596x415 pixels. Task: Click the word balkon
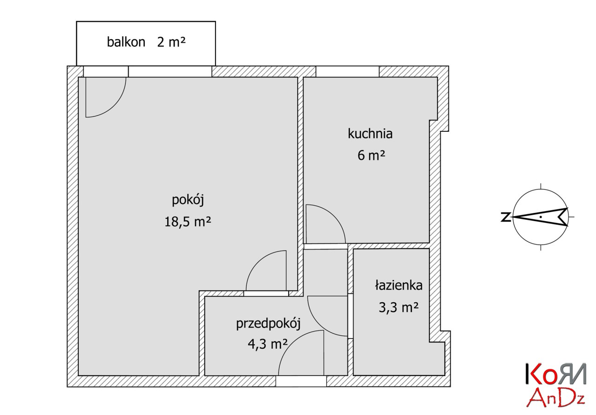126,42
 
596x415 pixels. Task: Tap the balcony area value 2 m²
171,42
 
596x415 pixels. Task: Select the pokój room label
188,200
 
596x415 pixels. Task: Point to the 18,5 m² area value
188,222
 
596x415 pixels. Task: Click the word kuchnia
370,133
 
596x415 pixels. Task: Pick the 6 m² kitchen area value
371,155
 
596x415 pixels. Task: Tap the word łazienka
399,285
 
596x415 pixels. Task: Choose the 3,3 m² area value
399,307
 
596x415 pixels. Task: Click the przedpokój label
268,324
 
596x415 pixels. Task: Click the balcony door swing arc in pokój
114,105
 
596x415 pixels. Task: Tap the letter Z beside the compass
506,217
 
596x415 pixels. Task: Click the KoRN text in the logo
556,374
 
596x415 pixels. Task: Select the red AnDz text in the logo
555,398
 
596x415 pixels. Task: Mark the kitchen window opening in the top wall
347,71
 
